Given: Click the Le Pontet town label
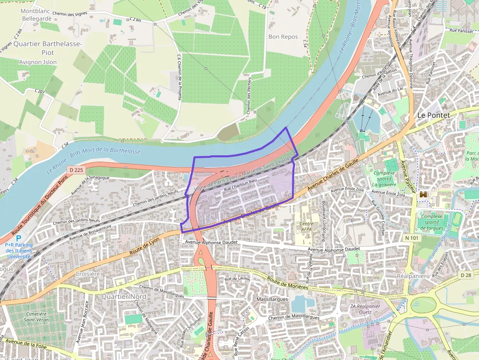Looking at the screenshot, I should pyautogui.click(x=433, y=115).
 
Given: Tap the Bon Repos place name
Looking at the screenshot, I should pyautogui.click(x=283, y=37).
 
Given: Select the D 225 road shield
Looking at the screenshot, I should pyautogui.click(x=76, y=169).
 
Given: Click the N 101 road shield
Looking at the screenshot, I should pyautogui.click(x=398, y=238).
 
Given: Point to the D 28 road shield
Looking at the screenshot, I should pyautogui.click(x=465, y=275).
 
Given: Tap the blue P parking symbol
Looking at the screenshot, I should pyautogui.click(x=19, y=238).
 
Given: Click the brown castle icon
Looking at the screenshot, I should pyautogui.click(x=423, y=194).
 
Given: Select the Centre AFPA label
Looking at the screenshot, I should pyautogui.click(x=306, y=226).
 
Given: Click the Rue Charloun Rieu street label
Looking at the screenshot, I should pyautogui.click(x=240, y=186).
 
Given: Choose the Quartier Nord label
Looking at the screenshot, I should pyautogui.click(x=124, y=296).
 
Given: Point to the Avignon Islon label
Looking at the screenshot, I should pyautogui.click(x=38, y=62).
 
